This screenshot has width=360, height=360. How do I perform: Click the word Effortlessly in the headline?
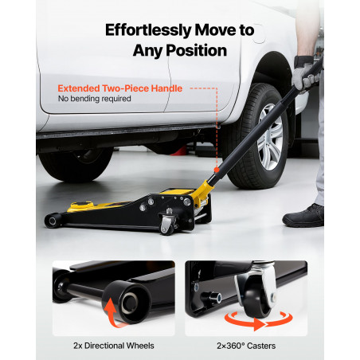pos(149,30)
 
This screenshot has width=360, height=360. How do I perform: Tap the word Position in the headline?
pos(196,50)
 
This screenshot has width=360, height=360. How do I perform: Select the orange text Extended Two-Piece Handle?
pos(120,88)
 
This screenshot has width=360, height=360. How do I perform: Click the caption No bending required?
pos(95,99)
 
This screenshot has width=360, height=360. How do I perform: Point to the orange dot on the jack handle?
pos(217,170)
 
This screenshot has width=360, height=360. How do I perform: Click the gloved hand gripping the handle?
pos(306,75)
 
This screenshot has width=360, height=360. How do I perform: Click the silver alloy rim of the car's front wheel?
pos(270,137)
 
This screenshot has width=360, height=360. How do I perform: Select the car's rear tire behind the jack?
pos(76,165)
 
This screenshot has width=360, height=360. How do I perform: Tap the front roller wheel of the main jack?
pos(53,221)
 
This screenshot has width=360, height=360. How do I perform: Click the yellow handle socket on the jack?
pos(202,193)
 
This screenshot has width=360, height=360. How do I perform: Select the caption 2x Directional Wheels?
pos(114,346)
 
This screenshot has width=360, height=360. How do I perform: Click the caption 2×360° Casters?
pos(246,346)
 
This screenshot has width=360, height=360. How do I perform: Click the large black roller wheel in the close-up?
pos(127,302)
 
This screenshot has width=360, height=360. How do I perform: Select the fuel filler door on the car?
pos(258,33)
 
